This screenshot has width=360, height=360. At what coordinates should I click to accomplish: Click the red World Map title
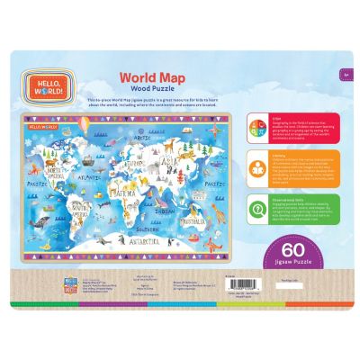click(149, 79)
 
